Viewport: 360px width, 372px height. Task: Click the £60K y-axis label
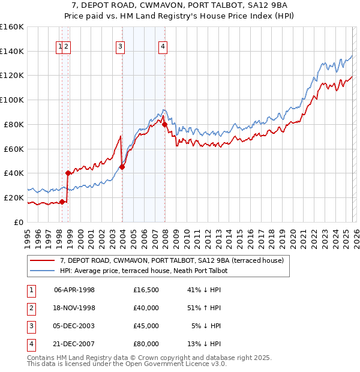(14, 149)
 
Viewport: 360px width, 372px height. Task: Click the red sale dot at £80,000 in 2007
(165, 125)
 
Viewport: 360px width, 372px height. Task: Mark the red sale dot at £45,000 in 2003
(122, 167)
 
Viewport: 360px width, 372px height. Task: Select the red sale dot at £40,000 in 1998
(68, 173)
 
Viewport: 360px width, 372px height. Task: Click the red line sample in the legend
(42, 260)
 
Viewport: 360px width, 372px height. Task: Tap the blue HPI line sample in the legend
(42, 271)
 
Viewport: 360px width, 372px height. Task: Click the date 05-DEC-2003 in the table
(74, 326)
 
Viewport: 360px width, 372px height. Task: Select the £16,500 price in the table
(146, 290)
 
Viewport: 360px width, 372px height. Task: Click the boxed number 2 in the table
(31, 308)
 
